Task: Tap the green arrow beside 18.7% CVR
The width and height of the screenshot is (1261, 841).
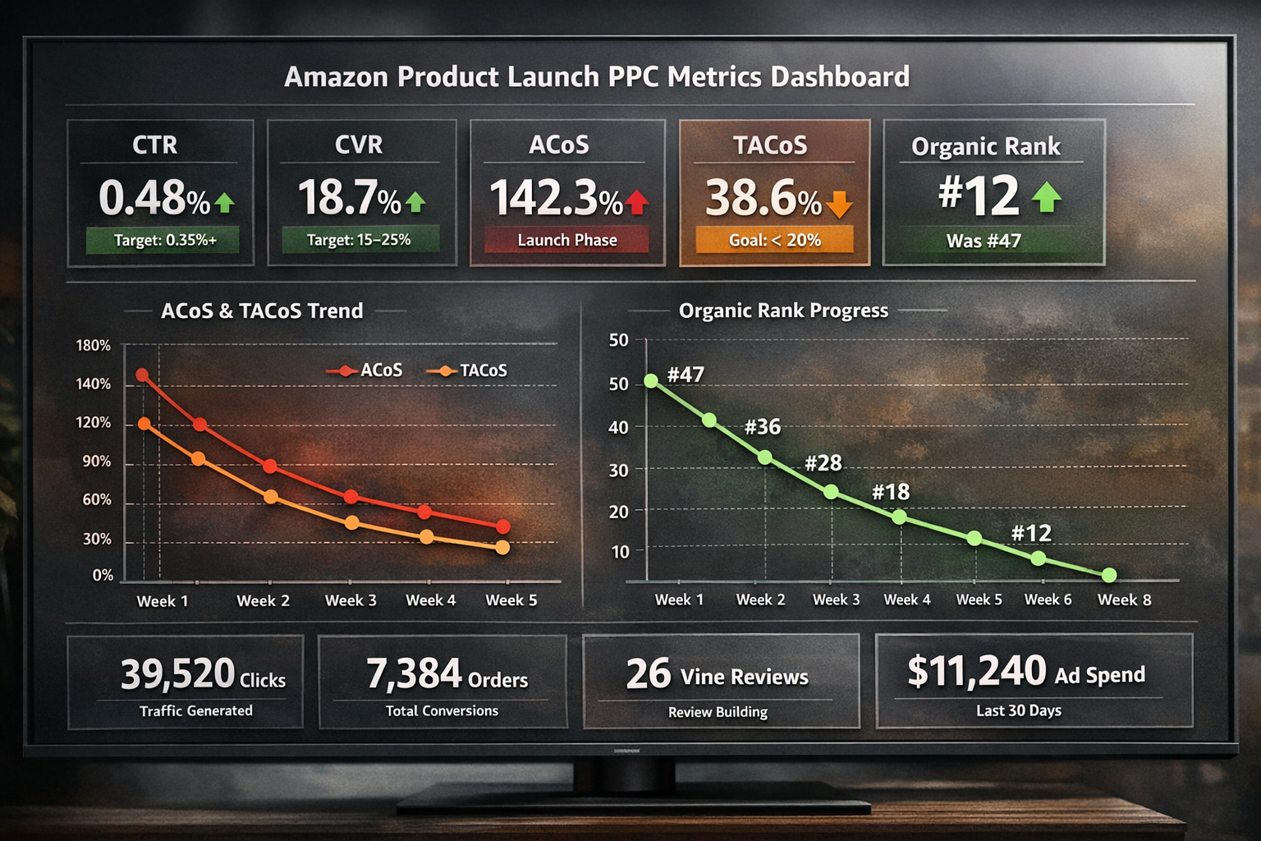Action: [415, 201]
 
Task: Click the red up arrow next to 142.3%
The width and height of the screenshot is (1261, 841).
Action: [637, 201]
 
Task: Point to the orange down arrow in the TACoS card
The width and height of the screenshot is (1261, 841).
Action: [839, 204]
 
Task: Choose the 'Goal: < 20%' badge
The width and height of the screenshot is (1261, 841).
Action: [774, 240]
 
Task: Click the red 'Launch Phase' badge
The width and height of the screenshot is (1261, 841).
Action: [566, 240]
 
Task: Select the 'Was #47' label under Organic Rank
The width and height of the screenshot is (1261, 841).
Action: [983, 241]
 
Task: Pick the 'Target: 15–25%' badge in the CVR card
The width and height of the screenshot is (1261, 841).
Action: [359, 240]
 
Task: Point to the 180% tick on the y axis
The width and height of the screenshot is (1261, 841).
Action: [94, 346]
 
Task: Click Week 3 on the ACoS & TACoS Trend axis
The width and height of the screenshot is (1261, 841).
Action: [351, 600]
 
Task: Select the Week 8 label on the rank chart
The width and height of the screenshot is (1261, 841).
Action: [1124, 600]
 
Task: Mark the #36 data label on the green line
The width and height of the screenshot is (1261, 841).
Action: [762, 427]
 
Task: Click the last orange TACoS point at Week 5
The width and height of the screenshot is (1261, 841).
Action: [502, 547]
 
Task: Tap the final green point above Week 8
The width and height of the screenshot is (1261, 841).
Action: [1109, 575]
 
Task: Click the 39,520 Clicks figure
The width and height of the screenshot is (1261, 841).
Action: [203, 674]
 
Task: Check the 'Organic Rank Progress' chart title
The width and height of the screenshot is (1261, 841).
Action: [783, 310]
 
